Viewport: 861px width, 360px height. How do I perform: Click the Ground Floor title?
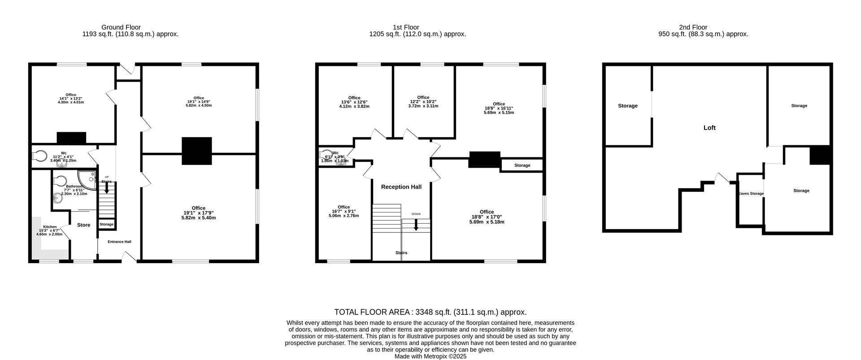121,27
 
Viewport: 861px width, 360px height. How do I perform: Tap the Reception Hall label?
401,187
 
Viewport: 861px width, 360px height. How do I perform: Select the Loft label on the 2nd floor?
709,128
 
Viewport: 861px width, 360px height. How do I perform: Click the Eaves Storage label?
751,194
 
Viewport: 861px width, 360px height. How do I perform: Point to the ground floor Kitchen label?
50,227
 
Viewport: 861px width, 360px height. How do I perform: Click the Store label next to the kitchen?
83,225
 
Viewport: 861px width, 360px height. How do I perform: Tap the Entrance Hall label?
119,242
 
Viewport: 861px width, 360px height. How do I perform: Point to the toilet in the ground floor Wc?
39,156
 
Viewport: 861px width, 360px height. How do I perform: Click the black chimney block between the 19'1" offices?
196,151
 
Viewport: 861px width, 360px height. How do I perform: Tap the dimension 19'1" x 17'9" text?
198,213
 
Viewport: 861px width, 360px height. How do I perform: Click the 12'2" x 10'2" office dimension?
423,102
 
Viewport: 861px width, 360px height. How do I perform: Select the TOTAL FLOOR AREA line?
430,312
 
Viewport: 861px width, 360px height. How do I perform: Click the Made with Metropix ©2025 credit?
430,356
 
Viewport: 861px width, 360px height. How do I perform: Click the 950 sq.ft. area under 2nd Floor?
703,34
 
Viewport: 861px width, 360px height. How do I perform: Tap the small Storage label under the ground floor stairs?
107,224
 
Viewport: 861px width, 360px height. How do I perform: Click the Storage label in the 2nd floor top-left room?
627,106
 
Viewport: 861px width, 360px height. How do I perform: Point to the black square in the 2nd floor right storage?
820,155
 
